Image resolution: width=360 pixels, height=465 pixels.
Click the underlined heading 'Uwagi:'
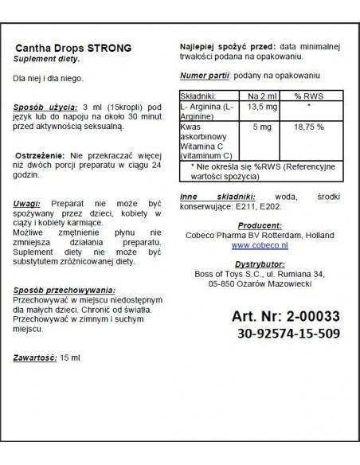[x=28, y=205]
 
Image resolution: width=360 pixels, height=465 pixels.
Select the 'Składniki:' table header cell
[x=202, y=96]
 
